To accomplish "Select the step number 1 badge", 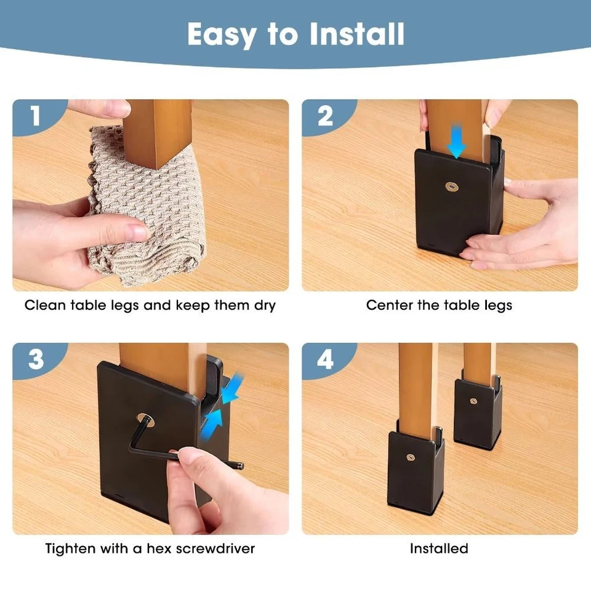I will pyautogui.click(x=35, y=115).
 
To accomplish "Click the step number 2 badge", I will pyautogui.click(x=325, y=115).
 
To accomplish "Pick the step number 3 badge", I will pyautogui.click(x=36, y=359).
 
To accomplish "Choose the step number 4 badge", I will pyautogui.click(x=325, y=359).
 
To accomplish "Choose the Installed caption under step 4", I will pyautogui.click(x=439, y=548).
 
